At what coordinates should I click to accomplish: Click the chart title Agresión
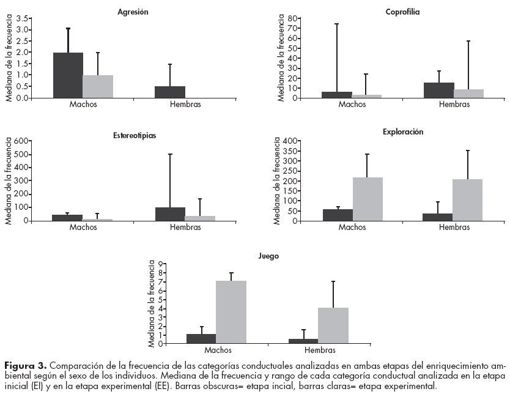[x=133, y=12]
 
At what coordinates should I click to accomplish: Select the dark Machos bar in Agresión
[x=68, y=75]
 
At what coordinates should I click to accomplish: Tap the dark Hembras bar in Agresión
[x=170, y=92]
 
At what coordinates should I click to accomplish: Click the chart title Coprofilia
[x=402, y=12]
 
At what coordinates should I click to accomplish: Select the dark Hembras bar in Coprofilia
[x=438, y=90]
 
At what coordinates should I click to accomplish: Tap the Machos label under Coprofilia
[x=352, y=105]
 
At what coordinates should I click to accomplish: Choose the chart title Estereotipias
[x=134, y=135]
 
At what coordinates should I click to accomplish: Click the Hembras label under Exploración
[x=454, y=228]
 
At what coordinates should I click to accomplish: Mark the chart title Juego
[x=269, y=256]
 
